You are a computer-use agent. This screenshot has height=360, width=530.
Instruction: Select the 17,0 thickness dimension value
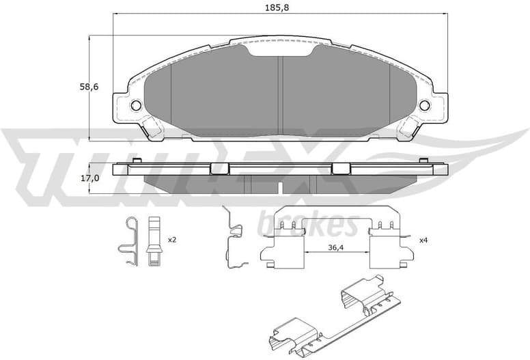pyautogui.click(x=89, y=178)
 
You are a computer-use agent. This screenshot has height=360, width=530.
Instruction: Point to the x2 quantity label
pyautogui.click(x=171, y=240)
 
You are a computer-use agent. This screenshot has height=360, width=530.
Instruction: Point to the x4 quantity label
pyautogui.click(x=423, y=240)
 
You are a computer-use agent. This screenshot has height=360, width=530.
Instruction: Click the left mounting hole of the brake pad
pyautogui.click(x=135, y=105)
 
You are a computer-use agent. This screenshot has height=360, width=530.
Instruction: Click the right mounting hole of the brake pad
pyautogui.click(x=424, y=105)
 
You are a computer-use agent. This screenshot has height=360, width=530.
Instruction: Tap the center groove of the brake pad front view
pyautogui.click(x=280, y=92)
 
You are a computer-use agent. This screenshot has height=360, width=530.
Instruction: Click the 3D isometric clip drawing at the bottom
pyautogui.click(x=327, y=318)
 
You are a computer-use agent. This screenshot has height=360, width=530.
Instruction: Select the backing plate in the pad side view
pyautogui.click(x=280, y=169)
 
